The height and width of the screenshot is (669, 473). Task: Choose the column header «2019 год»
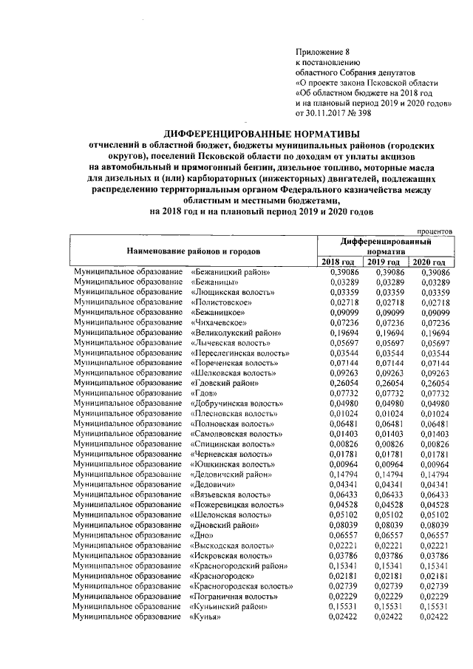pyautogui.click(x=384, y=262)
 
